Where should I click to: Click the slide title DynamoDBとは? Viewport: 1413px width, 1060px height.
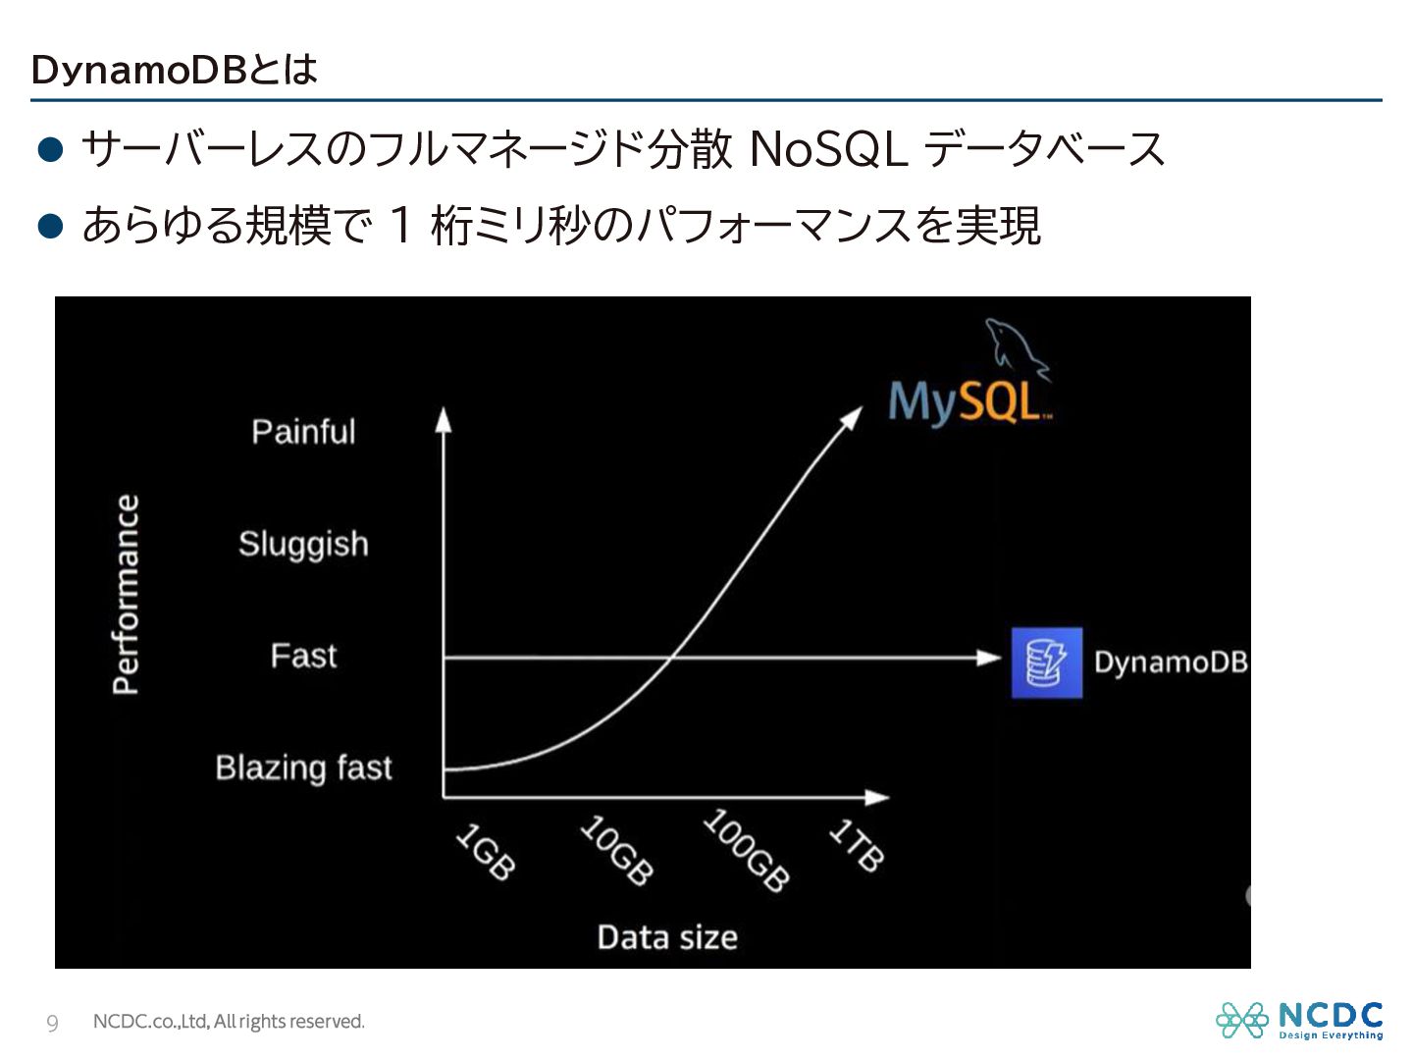174,69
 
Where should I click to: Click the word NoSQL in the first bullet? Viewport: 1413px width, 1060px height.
829,149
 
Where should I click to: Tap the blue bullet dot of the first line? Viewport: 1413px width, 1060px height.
50,149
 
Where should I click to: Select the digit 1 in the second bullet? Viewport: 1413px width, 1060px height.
400,226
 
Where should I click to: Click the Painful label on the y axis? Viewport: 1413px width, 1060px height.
303,431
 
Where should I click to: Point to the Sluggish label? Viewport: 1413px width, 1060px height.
304,545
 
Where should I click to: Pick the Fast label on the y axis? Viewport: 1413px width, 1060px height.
303,656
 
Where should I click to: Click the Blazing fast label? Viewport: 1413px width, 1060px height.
303,768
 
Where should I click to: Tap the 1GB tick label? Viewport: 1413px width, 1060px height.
486,851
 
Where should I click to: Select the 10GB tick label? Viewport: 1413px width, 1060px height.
616,850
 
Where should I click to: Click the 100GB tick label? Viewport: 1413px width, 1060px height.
746,850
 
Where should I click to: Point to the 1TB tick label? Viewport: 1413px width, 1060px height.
857,845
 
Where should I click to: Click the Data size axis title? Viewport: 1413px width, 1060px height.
667,937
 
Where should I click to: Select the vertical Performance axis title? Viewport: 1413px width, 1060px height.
126,594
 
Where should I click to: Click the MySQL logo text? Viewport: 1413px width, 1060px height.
969,402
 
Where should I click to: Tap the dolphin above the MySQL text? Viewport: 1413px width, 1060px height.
1018,348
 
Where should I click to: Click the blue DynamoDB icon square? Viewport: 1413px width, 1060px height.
1047,662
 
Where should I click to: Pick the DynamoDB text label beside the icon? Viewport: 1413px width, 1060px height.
1171,662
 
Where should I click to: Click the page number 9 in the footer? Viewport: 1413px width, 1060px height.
52,1023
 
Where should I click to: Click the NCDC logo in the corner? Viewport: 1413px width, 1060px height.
1299,1020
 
